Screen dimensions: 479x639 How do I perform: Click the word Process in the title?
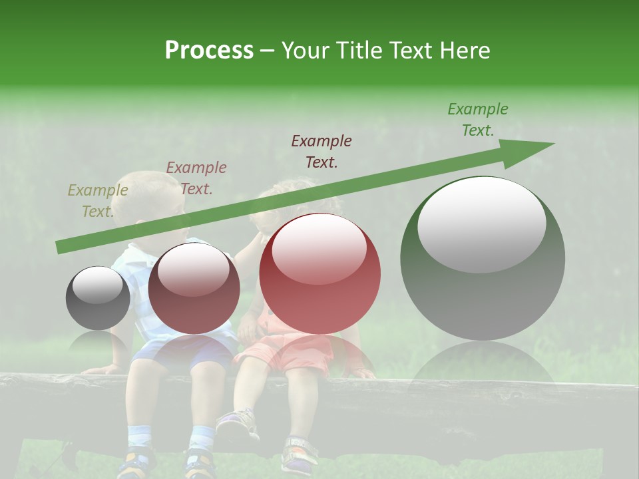209,51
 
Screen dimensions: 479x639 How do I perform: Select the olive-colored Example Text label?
98,201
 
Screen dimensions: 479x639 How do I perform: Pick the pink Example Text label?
196,178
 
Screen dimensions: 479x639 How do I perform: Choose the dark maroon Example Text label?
321,152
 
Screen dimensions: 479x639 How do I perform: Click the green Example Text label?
478,120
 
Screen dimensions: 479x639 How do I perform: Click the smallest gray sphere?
98,298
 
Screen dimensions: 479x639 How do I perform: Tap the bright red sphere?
320,274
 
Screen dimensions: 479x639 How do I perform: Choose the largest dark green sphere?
483,266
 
